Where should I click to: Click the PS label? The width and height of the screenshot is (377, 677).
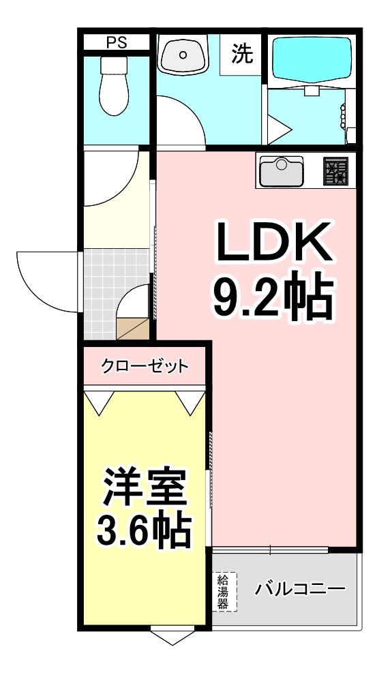pos(116,43)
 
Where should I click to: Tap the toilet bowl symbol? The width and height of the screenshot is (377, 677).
pos(114,86)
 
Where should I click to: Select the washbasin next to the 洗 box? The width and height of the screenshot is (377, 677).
pos(183,55)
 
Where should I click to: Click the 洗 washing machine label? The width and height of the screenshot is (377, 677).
pos(242,54)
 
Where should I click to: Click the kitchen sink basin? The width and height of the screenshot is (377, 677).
pos(281,171)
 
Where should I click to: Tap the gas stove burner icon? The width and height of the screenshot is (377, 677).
pos(335,171)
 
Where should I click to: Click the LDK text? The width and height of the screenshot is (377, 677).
pos(273,242)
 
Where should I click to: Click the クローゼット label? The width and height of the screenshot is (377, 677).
pos(145,367)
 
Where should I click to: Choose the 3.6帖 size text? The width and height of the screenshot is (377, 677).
pos(144,530)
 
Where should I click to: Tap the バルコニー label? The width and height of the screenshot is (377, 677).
pos(300,588)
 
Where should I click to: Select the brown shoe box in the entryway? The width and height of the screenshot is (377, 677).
pos(132,328)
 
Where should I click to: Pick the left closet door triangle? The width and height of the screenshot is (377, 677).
pos(100,402)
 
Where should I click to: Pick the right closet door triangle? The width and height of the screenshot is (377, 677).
pos(190,402)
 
